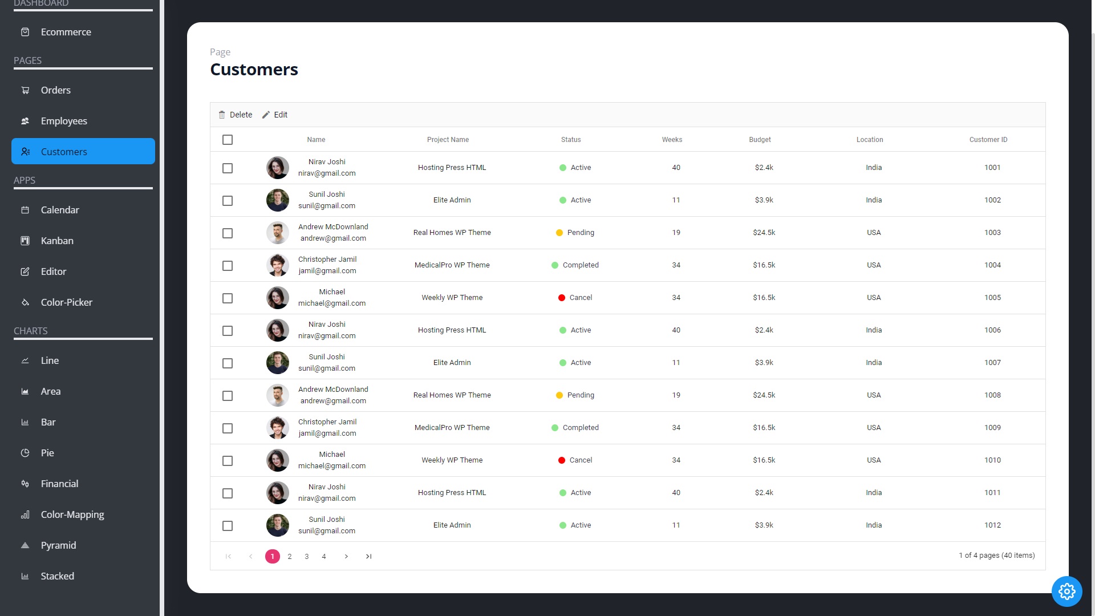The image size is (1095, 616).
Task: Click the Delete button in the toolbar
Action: point(236,115)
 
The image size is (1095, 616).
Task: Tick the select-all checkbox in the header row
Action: point(228,140)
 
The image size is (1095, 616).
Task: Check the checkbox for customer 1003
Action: point(228,233)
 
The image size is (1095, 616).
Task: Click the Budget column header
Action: point(760,140)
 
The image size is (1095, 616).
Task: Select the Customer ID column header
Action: point(988,140)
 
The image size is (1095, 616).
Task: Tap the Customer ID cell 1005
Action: point(992,298)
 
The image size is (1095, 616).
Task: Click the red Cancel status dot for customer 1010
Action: point(562,460)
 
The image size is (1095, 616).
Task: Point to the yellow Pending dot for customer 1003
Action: point(559,233)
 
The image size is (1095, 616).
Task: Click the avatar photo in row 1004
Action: point(278,265)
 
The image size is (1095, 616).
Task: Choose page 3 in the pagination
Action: point(307,557)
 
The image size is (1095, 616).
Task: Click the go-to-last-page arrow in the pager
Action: point(369,557)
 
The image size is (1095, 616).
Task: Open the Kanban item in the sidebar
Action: point(57,241)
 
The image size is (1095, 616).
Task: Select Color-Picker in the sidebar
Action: point(66,302)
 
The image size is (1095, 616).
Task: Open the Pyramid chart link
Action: point(58,545)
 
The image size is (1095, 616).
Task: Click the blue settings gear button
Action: point(1066,591)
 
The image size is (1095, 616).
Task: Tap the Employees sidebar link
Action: point(64,121)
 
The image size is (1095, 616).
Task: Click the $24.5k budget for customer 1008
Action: point(764,395)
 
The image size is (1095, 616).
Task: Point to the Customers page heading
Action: point(254,70)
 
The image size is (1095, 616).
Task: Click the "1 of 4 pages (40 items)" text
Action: point(996,556)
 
